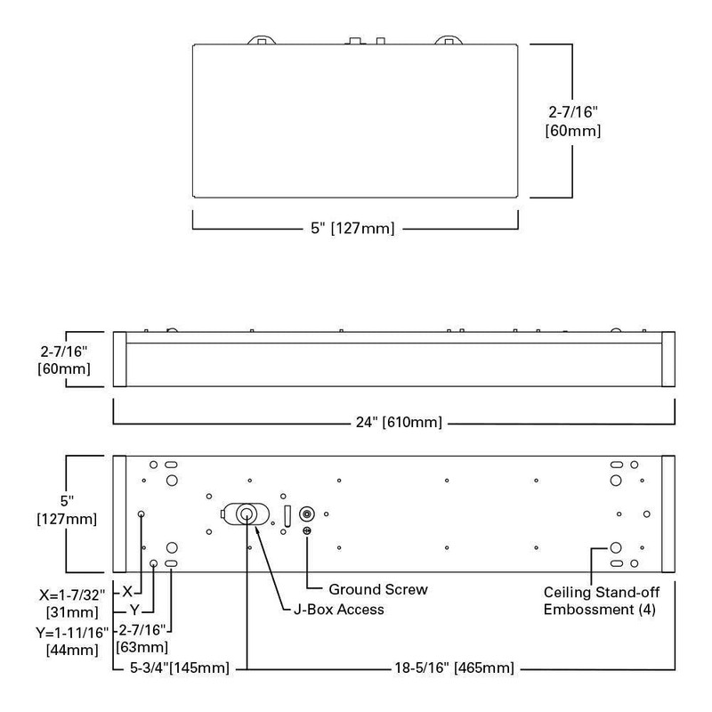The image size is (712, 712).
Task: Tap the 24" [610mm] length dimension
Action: click(393, 421)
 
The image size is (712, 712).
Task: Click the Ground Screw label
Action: click(377, 589)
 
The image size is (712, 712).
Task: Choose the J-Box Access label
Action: click(338, 610)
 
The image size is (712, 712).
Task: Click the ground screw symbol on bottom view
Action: click(307, 532)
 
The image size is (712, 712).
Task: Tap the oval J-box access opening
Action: click(244, 514)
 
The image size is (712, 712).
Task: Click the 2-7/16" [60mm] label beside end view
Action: click(574, 121)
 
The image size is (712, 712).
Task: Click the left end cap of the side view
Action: click(118, 360)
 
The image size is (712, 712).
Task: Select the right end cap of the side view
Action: click(669, 360)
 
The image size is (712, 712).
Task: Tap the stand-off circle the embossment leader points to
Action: click(614, 548)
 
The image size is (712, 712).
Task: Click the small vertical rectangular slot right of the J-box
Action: click(287, 515)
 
